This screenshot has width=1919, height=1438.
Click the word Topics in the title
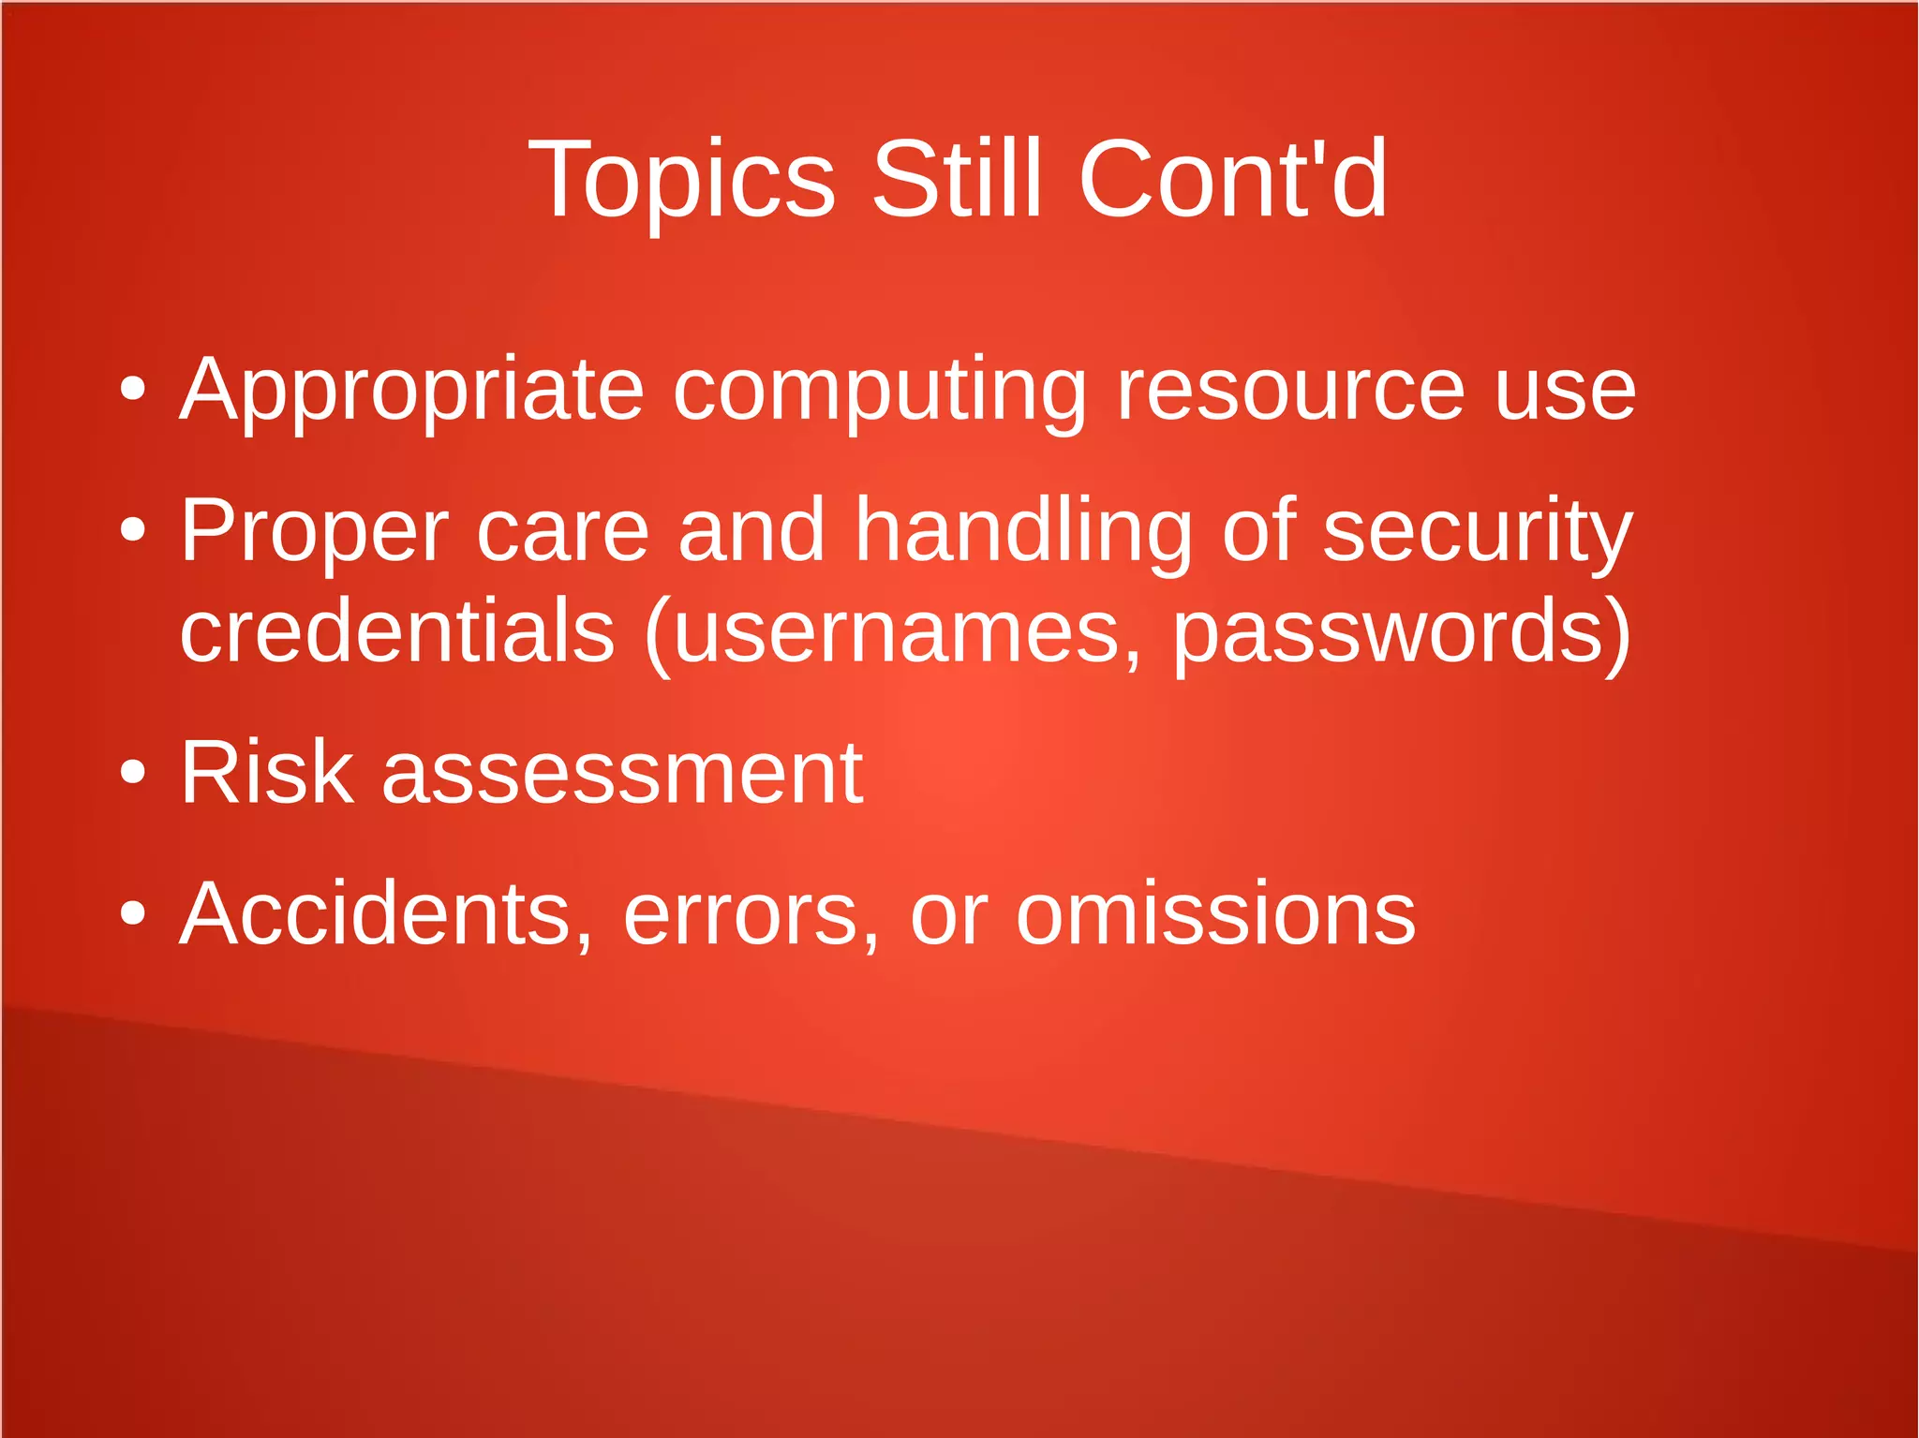pos(681,180)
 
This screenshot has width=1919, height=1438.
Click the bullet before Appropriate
pos(133,389)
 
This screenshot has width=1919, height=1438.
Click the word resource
pos(1290,390)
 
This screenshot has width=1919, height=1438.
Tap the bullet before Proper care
pos(133,530)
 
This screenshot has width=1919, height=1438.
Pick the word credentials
pos(397,631)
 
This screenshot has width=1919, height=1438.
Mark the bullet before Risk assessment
pos(133,772)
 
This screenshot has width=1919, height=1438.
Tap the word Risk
pos(267,772)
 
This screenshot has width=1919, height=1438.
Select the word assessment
pos(622,774)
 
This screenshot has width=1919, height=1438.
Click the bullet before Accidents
pos(133,913)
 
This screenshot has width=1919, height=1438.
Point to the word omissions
pos(1215,914)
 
